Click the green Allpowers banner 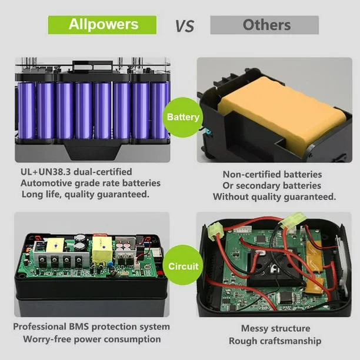point(102,25)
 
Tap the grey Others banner point(265,25)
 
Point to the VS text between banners point(185,26)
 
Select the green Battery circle point(183,117)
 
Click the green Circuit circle point(183,266)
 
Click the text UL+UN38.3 point(46,172)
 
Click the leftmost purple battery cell point(26,111)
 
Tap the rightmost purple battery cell point(159,111)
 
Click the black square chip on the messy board point(286,297)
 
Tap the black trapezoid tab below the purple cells point(93,149)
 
